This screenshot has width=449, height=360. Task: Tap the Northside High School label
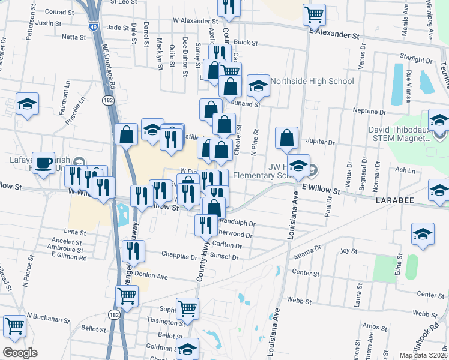point(312,81)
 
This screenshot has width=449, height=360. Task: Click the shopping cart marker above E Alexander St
point(314,13)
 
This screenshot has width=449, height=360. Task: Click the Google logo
point(20,352)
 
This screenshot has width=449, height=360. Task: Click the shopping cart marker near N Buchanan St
point(14,326)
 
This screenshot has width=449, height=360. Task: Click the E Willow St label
point(321,191)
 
